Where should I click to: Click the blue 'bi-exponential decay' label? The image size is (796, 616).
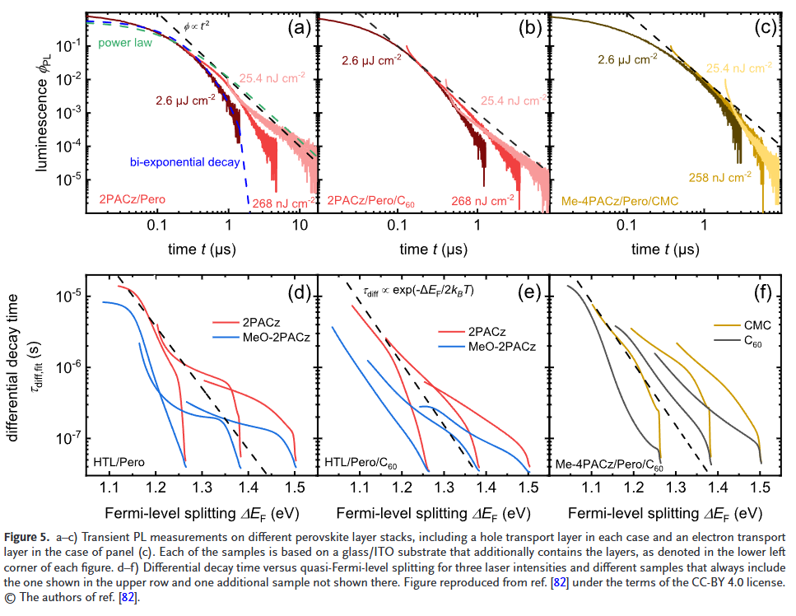(x=184, y=161)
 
